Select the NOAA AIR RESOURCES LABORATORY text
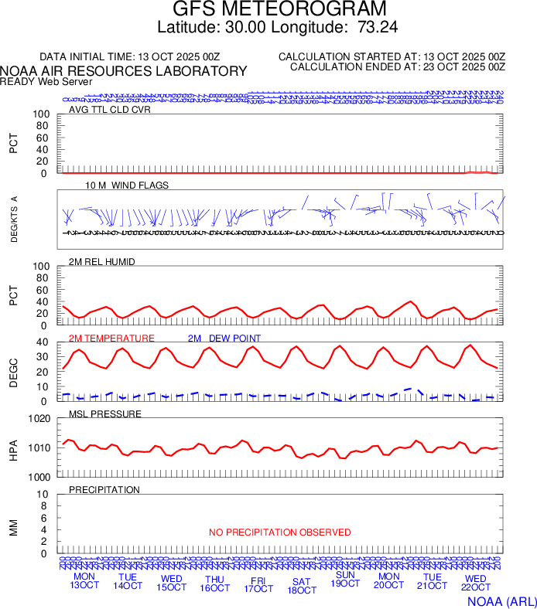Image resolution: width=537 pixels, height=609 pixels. (x=124, y=71)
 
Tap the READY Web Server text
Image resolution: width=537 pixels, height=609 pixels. (x=46, y=82)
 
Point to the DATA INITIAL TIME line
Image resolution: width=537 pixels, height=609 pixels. (x=130, y=57)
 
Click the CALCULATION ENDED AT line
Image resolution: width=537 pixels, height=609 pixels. (x=398, y=67)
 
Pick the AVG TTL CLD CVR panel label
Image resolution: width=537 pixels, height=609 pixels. (x=110, y=110)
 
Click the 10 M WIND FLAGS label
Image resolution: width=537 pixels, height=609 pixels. (x=127, y=185)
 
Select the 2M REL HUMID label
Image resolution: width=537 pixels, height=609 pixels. (x=102, y=262)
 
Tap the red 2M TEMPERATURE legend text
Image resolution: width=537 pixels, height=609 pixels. (x=111, y=339)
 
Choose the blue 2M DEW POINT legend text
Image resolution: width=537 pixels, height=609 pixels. (x=224, y=339)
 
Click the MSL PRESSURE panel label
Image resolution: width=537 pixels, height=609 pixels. (x=105, y=414)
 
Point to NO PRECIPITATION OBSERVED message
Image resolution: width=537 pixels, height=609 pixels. (x=280, y=532)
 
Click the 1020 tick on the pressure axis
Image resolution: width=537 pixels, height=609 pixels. (x=39, y=419)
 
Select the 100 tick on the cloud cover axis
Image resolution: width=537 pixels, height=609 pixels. (x=41, y=114)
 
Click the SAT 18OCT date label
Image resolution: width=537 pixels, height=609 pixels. (x=302, y=586)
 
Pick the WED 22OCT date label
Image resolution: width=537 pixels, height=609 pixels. (x=476, y=583)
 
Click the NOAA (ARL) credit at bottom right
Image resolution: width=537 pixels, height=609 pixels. (x=501, y=600)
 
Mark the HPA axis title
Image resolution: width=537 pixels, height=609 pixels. (x=13, y=448)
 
